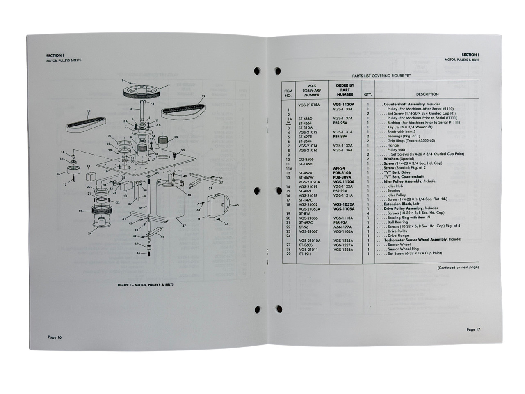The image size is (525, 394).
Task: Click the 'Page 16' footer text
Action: coord(55,337)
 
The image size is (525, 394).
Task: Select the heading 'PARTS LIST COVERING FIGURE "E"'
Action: coord(381,76)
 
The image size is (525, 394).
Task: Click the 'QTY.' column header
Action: coord(368,94)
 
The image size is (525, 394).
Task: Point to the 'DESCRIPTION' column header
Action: coord(427,94)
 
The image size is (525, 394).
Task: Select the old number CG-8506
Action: coord(306,159)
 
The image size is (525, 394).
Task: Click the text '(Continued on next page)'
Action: coord(458,268)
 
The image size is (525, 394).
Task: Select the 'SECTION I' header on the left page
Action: coord(55,55)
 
